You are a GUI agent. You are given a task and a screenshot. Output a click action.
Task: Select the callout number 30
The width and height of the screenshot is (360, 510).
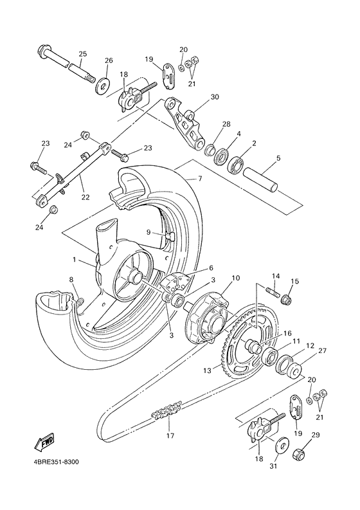coord(215,97)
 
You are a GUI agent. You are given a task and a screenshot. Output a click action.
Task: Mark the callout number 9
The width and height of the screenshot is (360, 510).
coord(147,232)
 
